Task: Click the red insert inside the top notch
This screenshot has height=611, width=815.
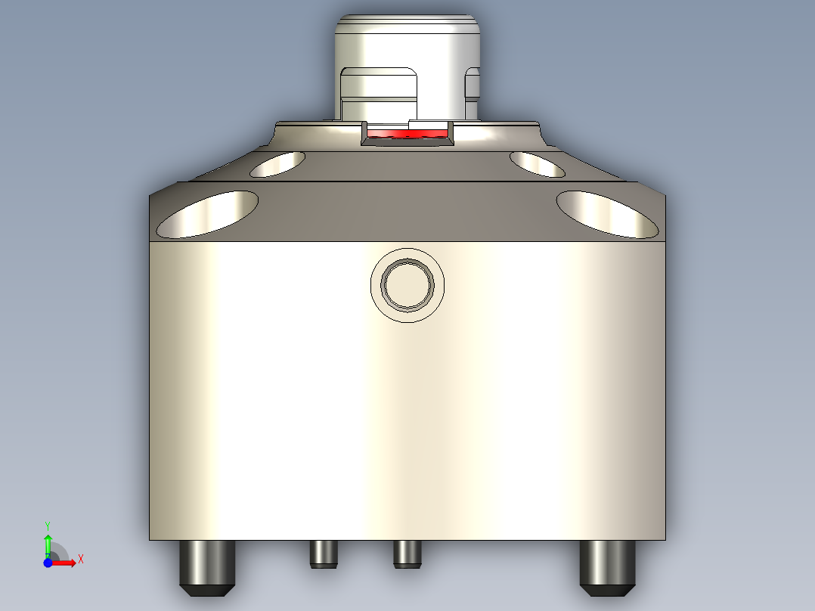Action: point(407,134)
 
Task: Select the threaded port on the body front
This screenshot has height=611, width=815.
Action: point(407,284)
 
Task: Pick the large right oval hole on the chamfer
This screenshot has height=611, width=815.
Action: point(607,213)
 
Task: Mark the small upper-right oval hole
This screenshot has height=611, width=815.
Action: point(537,163)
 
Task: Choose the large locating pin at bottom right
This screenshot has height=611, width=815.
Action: point(607,563)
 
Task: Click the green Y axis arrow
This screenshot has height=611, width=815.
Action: point(48,543)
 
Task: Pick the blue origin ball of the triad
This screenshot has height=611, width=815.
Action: point(48,563)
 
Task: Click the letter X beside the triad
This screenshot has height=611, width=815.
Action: point(80,560)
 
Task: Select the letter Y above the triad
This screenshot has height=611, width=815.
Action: point(47,524)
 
